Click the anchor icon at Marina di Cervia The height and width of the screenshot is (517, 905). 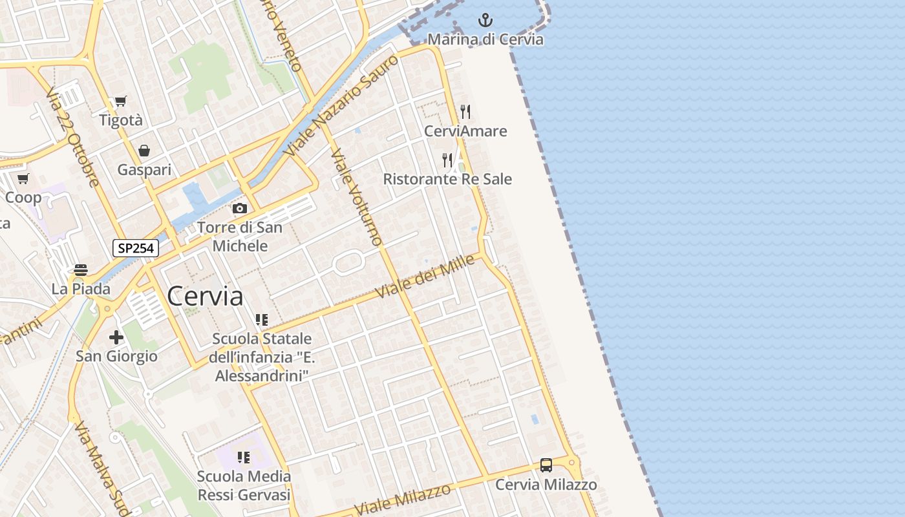tap(485, 21)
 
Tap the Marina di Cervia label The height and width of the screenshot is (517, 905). tap(485, 39)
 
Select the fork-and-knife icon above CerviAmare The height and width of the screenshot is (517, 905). tap(465, 111)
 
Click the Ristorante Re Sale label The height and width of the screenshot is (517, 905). tap(447, 179)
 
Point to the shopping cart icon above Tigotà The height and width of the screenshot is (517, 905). tap(121, 101)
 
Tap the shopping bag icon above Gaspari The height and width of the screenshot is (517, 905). tap(144, 151)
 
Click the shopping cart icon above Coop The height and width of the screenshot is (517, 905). tap(23, 178)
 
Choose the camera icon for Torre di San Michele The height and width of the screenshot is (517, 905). tap(240, 208)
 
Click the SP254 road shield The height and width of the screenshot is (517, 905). tap(136, 248)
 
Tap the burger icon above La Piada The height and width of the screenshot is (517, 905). tap(81, 269)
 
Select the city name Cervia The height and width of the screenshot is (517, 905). tap(205, 297)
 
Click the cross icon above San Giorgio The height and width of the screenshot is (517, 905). tap(116, 337)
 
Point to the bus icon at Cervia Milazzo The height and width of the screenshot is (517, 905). tap(546, 465)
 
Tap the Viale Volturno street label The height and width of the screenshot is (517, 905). tap(356, 197)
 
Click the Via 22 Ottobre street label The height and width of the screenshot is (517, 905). tap(72, 138)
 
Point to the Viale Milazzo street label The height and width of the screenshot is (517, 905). tap(403, 500)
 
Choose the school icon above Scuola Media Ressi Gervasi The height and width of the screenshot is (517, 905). tap(244, 458)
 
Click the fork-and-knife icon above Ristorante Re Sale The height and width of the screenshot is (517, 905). tap(447, 159)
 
